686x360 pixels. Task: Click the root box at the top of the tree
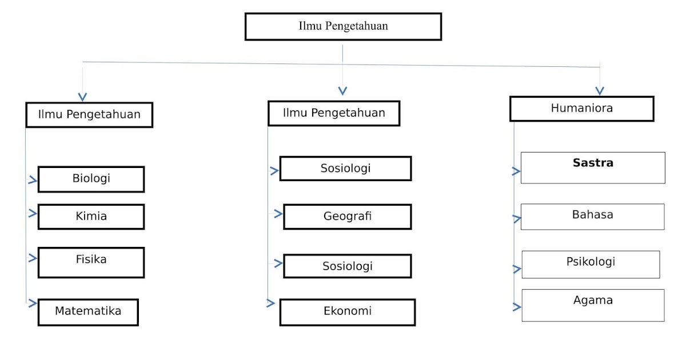coord(343,26)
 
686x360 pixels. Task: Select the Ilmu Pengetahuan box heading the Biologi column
coord(89,114)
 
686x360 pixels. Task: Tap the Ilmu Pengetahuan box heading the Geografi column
coord(334,113)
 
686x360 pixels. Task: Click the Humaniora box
coord(581,109)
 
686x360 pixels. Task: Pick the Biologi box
coord(91,179)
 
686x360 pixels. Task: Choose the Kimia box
coord(91,217)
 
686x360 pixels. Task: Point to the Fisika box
coord(91,262)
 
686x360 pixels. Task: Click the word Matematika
coord(88,311)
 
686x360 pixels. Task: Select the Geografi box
coord(347,217)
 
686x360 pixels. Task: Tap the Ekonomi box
coord(347,312)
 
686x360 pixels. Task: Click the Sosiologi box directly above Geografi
coord(345,169)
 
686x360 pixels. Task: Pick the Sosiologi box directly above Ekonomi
coord(347,266)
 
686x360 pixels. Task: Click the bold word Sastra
coord(593,163)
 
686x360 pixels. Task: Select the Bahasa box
coord(592,217)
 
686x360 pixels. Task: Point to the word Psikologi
coord(591,262)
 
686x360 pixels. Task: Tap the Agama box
coord(593,305)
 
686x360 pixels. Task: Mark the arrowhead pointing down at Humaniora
coord(600,90)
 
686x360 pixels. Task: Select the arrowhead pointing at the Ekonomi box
coord(271,303)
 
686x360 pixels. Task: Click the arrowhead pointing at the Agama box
coord(517,307)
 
